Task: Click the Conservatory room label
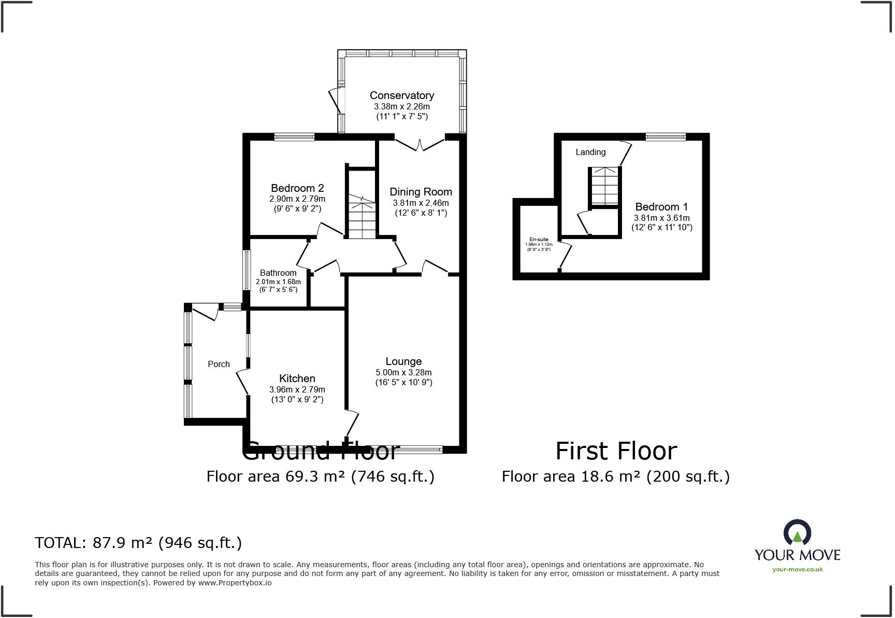click(401, 95)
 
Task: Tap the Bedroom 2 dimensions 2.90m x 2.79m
click(297, 199)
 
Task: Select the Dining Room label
click(421, 192)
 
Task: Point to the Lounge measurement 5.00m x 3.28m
click(403, 372)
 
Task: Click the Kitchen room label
click(297, 378)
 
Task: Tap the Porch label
click(219, 364)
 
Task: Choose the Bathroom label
click(278, 273)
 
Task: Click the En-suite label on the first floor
click(539, 240)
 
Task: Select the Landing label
click(590, 152)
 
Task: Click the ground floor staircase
click(361, 218)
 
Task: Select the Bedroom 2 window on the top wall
click(294, 137)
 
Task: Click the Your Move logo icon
click(797, 533)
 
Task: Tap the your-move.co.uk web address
click(797, 569)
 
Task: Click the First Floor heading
click(616, 451)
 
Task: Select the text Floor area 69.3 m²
click(276, 476)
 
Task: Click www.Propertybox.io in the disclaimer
click(235, 583)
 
